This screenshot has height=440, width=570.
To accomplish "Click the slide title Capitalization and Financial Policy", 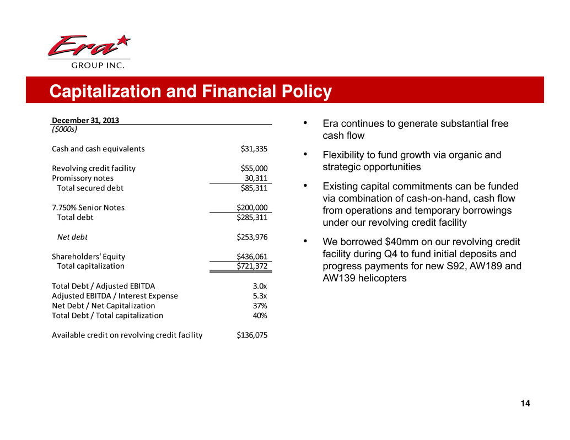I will click(190, 91).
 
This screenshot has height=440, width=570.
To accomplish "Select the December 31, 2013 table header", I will click(85, 121).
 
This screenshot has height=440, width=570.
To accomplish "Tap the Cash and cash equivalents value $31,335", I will click(254, 148).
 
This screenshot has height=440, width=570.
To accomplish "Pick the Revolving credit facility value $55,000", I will click(254, 168).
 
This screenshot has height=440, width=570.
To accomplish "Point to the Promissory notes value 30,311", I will click(256, 178).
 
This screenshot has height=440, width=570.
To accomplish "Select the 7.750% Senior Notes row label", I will click(88, 208).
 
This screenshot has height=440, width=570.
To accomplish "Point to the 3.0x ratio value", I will click(260, 286).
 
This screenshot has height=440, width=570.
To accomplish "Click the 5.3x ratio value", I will click(260, 296).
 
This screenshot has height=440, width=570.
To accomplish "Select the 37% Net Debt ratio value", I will click(260, 306).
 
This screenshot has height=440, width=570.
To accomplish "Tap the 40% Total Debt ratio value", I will click(260, 316).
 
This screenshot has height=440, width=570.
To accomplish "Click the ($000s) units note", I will click(64, 130).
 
